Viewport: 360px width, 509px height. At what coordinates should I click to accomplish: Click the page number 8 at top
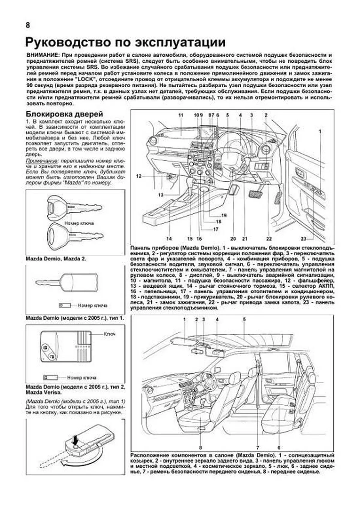coord(28,25)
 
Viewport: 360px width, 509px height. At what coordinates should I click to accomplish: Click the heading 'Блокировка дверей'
coord(64,114)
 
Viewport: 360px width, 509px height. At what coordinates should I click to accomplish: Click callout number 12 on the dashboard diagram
coord(139,176)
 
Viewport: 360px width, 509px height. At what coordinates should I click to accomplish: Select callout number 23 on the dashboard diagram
coord(304,239)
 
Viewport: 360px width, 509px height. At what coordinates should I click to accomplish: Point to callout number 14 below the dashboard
coord(169,239)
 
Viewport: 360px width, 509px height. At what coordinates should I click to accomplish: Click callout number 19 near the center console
coord(224,215)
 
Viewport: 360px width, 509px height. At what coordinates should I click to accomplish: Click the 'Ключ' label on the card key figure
coord(109,334)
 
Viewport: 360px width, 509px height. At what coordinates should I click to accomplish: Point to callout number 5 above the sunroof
coord(244,319)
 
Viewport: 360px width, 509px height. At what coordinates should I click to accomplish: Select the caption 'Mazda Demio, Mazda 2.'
coord(56,259)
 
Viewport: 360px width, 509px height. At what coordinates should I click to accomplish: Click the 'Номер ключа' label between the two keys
coord(79,223)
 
